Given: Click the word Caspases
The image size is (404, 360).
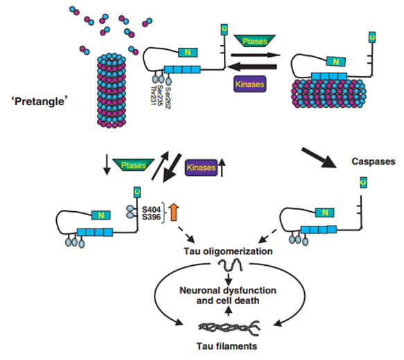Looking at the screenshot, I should pos(372,161).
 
